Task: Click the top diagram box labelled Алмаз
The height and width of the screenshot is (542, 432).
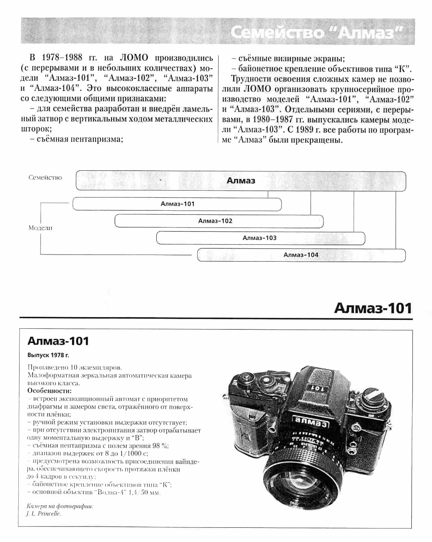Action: click(x=241, y=181)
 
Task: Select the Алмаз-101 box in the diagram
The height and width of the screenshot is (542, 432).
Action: click(x=177, y=204)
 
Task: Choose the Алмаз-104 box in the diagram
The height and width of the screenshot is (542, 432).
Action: click(x=301, y=255)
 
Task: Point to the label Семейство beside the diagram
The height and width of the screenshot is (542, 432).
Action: click(x=45, y=178)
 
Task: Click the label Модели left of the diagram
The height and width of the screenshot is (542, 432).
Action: click(x=41, y=228)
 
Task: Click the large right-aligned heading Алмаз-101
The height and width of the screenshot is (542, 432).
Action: click(x=373, y=308)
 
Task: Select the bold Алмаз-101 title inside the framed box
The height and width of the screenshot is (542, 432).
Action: click(x=58, y=341)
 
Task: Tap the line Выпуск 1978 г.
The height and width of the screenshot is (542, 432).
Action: click(x=48, y=355)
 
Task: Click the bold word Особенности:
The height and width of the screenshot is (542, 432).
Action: click(x=49, y=391)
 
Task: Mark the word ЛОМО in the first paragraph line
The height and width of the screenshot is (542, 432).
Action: click(x=134, y=58)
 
